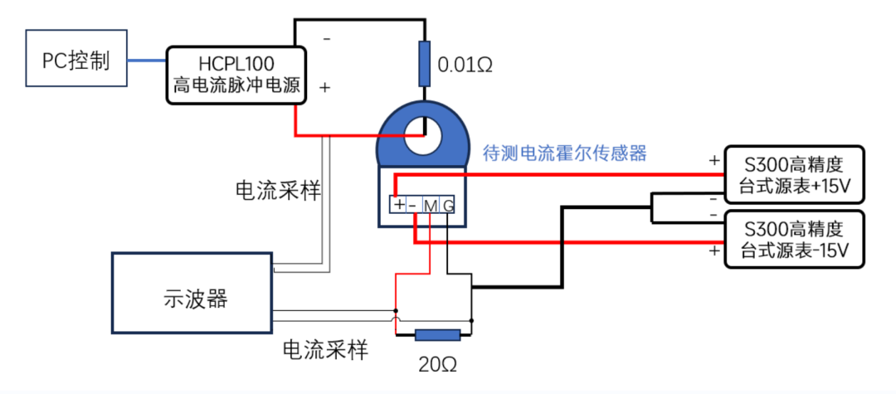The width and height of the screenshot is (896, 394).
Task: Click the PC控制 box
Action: (x=77, y=59)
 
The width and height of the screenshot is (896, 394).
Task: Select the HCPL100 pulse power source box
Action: (x=236, y=75)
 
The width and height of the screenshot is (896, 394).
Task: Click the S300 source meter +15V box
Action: (x=794, y=175)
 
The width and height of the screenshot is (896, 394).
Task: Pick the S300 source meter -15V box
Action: (x=794, y=239)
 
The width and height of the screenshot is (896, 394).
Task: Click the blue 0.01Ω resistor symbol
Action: (x=424, y=63)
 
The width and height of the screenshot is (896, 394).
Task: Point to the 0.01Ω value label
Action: (x=465, y=65)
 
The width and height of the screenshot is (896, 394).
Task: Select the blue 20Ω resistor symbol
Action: (x=437, y=336)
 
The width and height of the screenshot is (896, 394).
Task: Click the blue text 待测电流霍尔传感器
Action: (x=564, y=153)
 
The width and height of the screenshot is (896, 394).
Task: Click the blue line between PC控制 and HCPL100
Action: (x=148, y=60)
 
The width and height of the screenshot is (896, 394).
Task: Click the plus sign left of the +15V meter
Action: (x=713, y=159)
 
